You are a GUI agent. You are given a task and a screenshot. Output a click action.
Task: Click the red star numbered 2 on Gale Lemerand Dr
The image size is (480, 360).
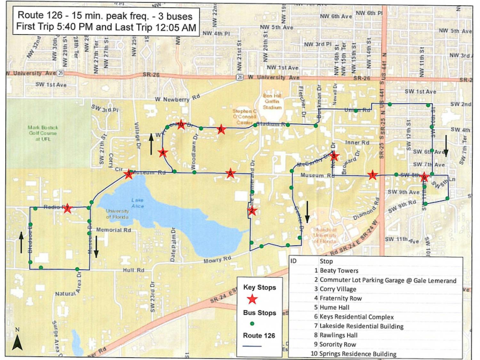252,211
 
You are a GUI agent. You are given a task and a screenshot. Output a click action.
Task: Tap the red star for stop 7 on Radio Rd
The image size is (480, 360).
67,209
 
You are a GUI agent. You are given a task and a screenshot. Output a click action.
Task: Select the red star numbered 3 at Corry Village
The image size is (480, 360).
129,174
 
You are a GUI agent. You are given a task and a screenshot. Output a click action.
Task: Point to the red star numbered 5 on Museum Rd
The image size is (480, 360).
230,173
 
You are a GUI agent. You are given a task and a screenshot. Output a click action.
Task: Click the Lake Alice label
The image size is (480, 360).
138,203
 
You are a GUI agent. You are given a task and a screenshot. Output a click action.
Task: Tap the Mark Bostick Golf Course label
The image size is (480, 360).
43,133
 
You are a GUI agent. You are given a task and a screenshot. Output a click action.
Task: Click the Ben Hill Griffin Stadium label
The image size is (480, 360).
272,101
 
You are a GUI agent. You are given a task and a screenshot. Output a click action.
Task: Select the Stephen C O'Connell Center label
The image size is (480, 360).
245,116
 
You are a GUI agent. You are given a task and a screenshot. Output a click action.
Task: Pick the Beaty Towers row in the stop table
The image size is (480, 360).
339,271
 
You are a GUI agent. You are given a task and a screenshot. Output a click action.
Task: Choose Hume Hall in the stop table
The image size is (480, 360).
334,308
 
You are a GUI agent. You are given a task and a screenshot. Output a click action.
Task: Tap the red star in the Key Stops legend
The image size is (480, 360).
252,299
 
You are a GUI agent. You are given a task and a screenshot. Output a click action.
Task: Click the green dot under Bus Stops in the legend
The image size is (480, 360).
252,324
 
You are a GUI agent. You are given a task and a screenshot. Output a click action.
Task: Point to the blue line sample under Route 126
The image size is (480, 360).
252,346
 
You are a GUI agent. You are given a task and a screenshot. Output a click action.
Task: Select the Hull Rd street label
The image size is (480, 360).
134,270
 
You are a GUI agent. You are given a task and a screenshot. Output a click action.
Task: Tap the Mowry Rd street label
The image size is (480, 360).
217,260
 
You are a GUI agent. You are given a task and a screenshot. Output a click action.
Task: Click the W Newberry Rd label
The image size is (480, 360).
177,98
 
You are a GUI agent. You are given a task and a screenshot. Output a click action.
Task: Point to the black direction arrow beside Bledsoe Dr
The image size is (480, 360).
21,243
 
